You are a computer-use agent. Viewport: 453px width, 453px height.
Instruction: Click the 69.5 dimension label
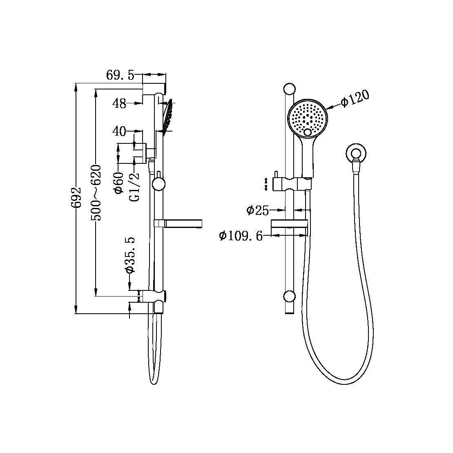coord(120,75)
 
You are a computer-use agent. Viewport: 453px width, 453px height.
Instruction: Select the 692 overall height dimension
coord(76,199)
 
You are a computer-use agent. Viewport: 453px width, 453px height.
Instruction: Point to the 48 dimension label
coord(119,104)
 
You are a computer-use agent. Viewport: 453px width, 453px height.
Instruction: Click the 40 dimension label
coord(119,131)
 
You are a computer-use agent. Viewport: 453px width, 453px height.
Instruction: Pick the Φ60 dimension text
coord(119,183)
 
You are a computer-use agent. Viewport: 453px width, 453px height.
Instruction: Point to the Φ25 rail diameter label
coord(257,210)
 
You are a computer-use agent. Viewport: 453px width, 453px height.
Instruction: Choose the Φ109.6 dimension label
coord(241,236)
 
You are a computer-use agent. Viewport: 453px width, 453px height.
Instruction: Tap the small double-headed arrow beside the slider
coord(266,184)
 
